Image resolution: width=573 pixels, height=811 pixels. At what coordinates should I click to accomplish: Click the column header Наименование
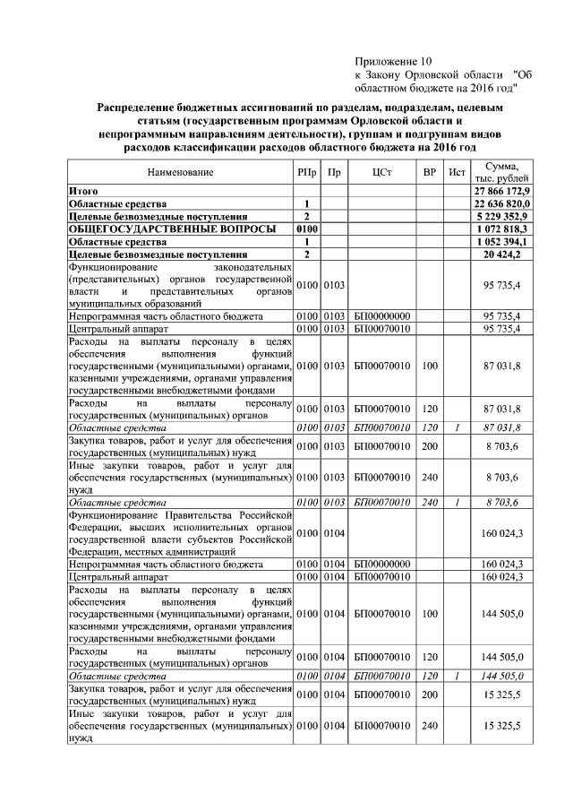click(x=181, y=172)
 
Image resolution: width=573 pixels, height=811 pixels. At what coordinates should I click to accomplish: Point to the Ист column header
click(x=458, y=172)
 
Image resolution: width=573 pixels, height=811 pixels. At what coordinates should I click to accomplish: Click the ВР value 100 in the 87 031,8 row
click(x=429, y=366)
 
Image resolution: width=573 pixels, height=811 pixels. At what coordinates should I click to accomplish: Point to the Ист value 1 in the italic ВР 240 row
click(x=458, y=503)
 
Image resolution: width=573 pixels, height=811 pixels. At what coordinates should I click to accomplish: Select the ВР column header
click(x=429, y=172)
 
